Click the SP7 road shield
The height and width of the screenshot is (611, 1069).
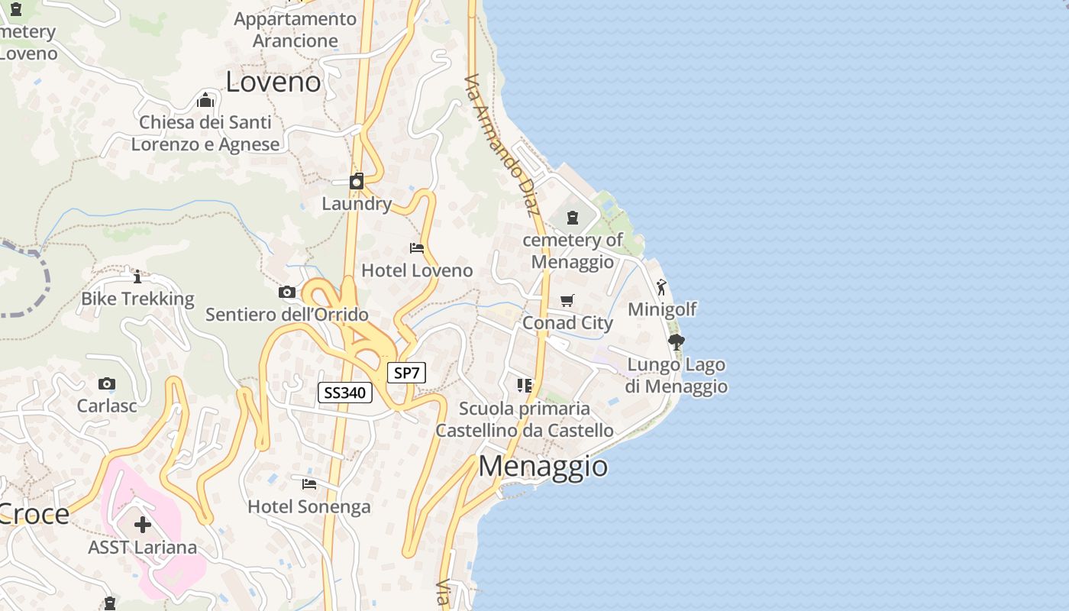(406, 373)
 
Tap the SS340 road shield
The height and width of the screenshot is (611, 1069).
(344, 393)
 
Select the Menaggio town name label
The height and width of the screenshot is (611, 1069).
(543, 466)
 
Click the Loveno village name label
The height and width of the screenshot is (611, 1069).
(273, 82)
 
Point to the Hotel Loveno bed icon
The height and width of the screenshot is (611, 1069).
(417, 248)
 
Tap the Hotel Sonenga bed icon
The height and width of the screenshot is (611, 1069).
(309, 484)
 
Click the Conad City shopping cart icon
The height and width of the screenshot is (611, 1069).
(567, 301)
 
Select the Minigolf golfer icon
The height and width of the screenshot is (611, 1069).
(661, 287)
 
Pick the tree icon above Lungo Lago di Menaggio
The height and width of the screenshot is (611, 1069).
(676, 341)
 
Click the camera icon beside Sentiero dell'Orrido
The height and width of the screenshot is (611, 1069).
(287, 292)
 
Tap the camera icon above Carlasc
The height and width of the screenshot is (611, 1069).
(107, 383)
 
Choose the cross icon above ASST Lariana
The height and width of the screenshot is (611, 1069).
(143, 525)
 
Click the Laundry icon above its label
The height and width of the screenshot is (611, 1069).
(357, 181)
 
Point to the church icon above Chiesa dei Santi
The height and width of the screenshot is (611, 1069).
(205, 100)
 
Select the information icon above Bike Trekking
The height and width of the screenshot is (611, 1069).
(137, 276)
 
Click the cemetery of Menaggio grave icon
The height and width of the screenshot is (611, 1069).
(573, 218)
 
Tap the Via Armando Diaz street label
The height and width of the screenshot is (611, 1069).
(502, 145)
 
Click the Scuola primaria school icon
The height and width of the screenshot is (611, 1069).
(524, 386)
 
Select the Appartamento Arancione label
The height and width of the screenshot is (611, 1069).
(296, 30)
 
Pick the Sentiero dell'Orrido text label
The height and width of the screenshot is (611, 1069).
(287, 315)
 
